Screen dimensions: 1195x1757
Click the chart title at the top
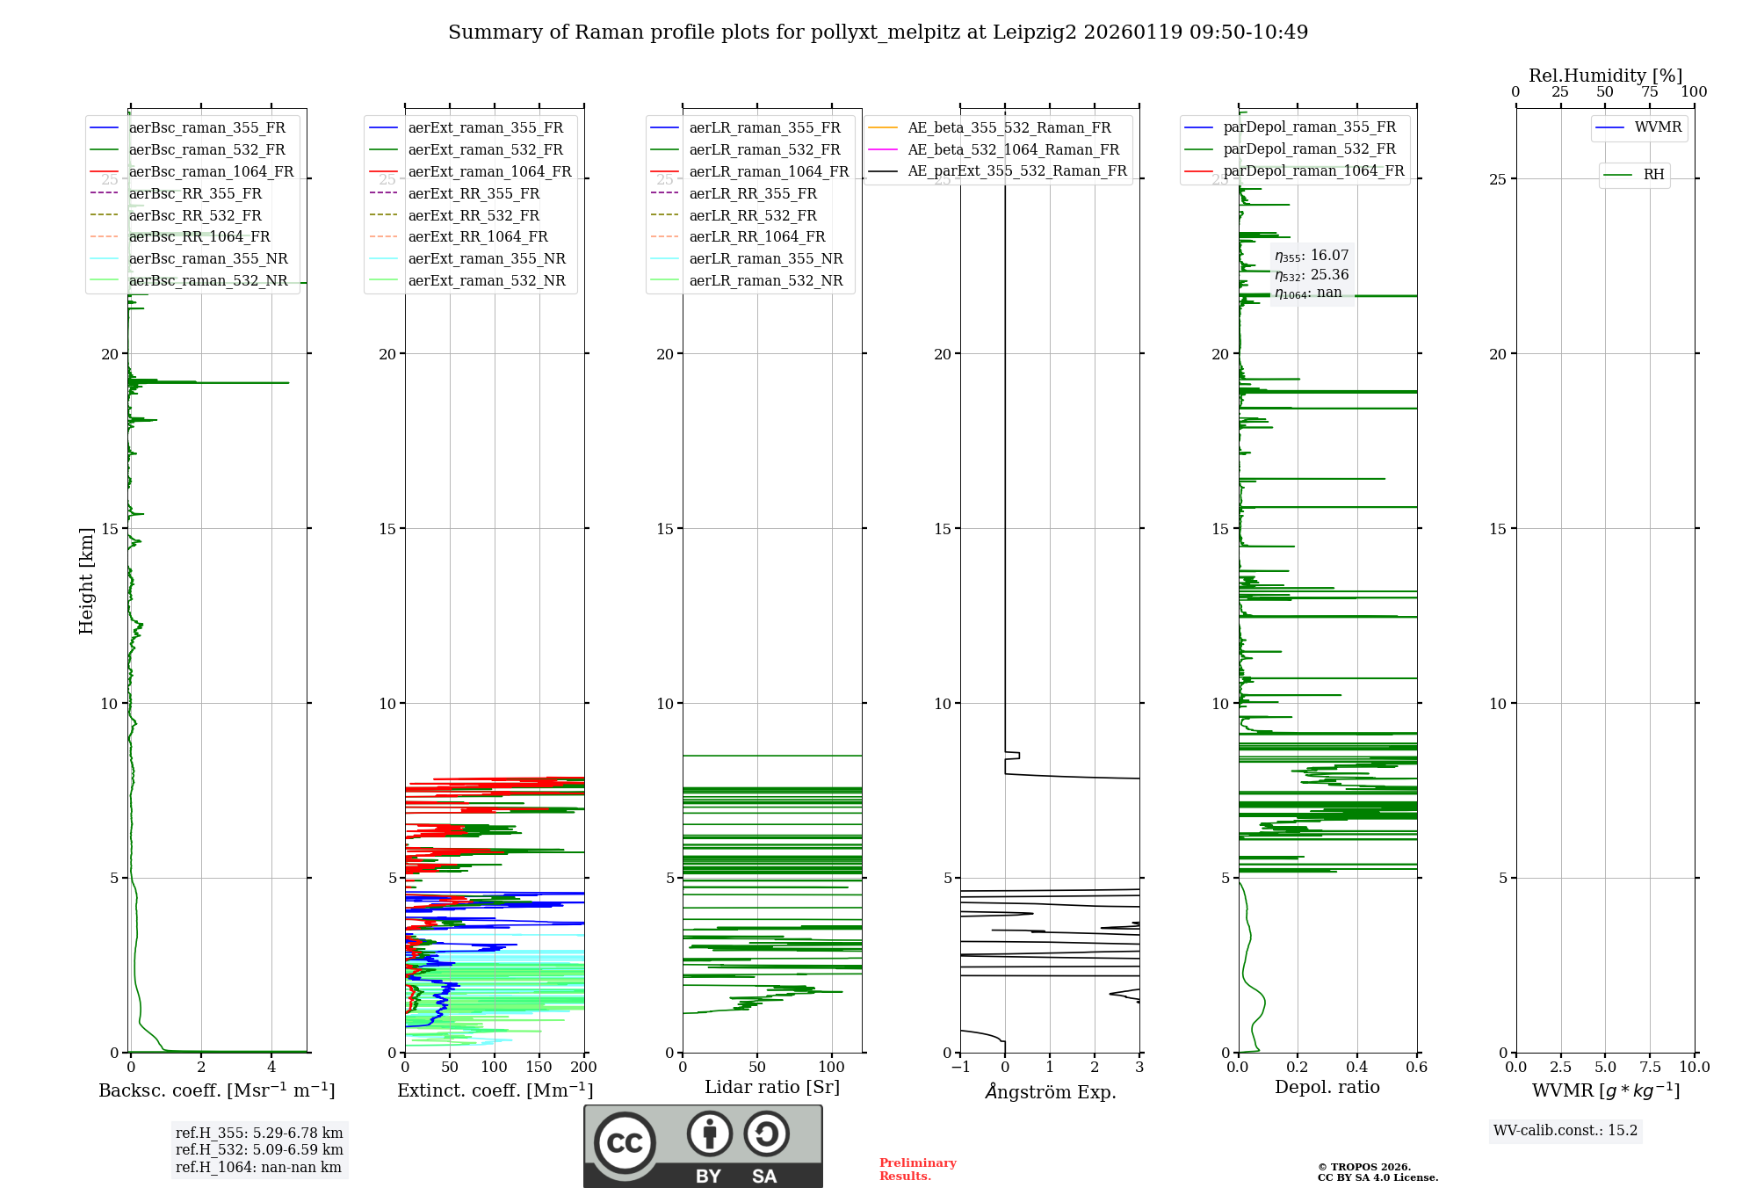click(x=878, y=33)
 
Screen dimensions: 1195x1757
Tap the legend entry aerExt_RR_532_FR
click(x=474, y=215)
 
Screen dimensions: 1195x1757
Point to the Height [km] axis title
click(x=86, y=580)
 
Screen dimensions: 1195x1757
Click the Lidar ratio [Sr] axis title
click(x=772, y=1087)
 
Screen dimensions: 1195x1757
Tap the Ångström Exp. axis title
click(x=1050, y=1092)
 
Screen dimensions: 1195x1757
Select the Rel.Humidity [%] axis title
click(x=1605, y=76)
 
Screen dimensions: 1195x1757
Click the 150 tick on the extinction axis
click(x=539, y=1068)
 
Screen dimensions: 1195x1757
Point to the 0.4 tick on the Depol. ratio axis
click(x=1357, y=1068)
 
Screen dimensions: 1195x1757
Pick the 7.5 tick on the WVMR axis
click(x=1650, y=1068)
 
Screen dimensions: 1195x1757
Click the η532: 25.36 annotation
click(x=1312, y=275)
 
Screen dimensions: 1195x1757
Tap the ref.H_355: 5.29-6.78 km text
click(x=259, y=1133)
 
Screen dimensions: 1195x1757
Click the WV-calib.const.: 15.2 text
click(x=1565, y=1131)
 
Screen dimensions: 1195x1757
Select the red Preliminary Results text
click(x=917, y=1170)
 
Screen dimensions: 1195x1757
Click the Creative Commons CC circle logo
click(x=625, y=1143)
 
